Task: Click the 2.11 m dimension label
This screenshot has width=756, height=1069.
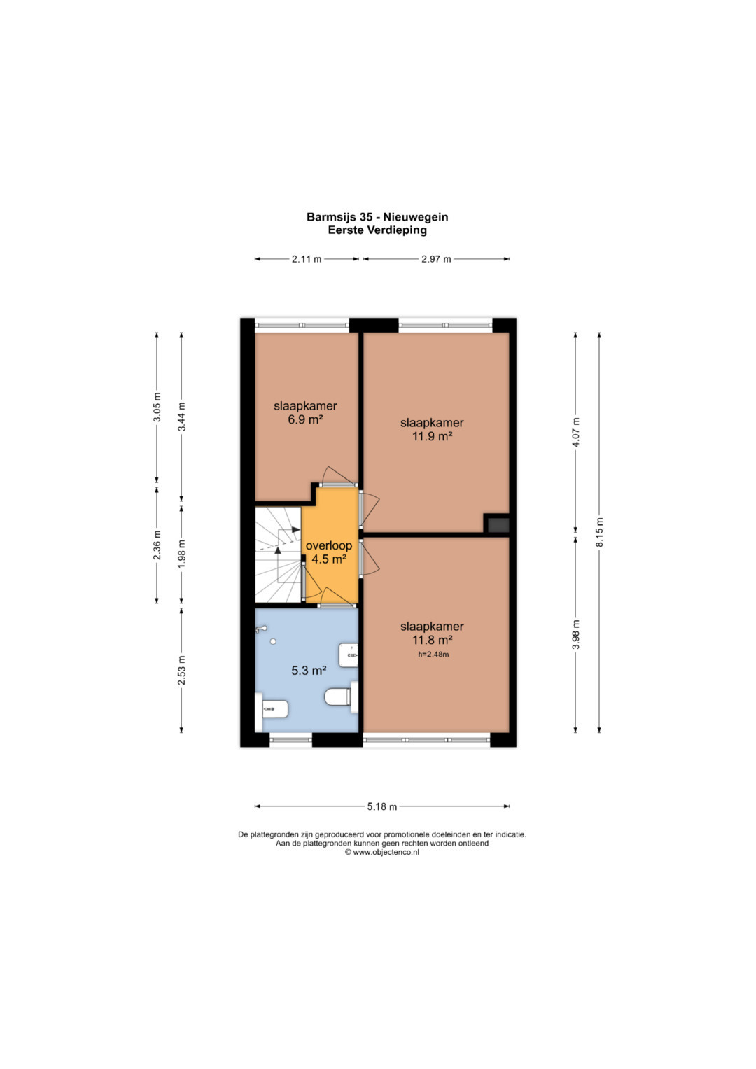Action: click(x=307, y=259)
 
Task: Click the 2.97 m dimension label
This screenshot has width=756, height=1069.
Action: click(x=435, y=259)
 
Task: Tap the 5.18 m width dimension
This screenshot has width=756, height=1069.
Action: click(x=381, y=806)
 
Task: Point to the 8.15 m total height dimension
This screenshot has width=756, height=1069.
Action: click(x=599, y=533)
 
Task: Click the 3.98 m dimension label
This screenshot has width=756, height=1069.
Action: click(x=575, y=634)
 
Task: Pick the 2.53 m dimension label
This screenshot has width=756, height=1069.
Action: click(x=181, y=670)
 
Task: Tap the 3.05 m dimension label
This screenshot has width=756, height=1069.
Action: click(x=157, y=407)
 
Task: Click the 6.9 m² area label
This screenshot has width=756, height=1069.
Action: click(x=305, y=419)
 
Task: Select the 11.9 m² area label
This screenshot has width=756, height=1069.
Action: click(x=432, y=435)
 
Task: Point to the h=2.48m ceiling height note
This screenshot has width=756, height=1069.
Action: click(x=433, y=655)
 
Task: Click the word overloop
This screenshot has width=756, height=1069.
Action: click(x=329, y=546)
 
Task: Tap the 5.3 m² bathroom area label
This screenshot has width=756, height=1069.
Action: click(x=309, y=671)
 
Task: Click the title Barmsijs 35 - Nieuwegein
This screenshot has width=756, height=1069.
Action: click(x=377, y=217)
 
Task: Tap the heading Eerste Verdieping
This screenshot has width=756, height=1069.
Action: click(x=377, y=230)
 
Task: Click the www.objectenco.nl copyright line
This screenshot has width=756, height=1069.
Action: click(x=381, y=852)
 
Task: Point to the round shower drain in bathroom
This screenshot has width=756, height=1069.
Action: click(x=273, y=642)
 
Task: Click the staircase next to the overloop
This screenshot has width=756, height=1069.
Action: click(x=278, y=554)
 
